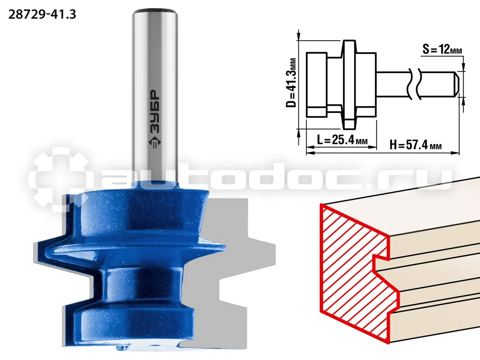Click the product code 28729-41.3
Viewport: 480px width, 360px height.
pyautogui.click(x=42, y=14)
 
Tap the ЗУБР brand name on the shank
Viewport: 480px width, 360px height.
pyautogui.click(x=155, y=111)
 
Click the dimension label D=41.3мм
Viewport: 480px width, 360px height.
pyautogui.click(x=291, y=82)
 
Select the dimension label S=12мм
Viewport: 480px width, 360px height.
pyautogui.click(x=442, y=49)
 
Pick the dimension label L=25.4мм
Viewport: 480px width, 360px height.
pyautogui.click(x=342, y=140)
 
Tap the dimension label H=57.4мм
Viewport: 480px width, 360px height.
pyautogui.click(x=416, y=144)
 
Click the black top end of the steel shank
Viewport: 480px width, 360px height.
pyautogui.click(x=155, y=13)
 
